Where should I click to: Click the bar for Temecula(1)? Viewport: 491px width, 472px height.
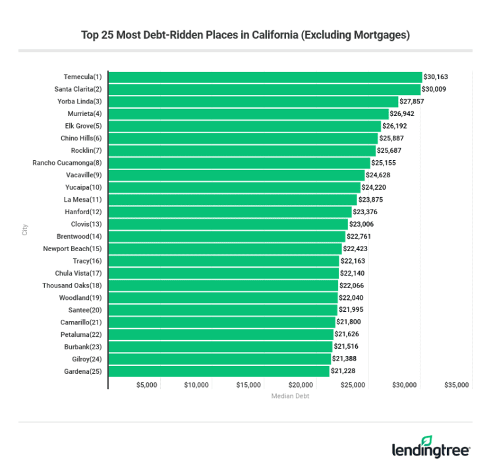tap(264, 76)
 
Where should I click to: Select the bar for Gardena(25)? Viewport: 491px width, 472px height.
tap(218, 371)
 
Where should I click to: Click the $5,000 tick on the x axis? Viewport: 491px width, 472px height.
tap(146, 385)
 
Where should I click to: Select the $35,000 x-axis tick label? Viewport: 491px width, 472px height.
tap(456, 385)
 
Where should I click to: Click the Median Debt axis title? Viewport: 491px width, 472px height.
tap(290, 396)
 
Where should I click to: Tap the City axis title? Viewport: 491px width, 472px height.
tap(25, 229)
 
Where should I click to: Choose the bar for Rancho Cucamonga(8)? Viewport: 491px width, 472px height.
tap(239, 162)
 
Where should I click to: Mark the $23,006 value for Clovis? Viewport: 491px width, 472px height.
tap(361, 224)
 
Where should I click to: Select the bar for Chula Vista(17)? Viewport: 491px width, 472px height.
tap(223, 273)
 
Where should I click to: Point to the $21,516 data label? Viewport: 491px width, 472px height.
tap(346, 347)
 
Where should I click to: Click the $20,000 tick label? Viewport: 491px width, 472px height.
tap(301, 385)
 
